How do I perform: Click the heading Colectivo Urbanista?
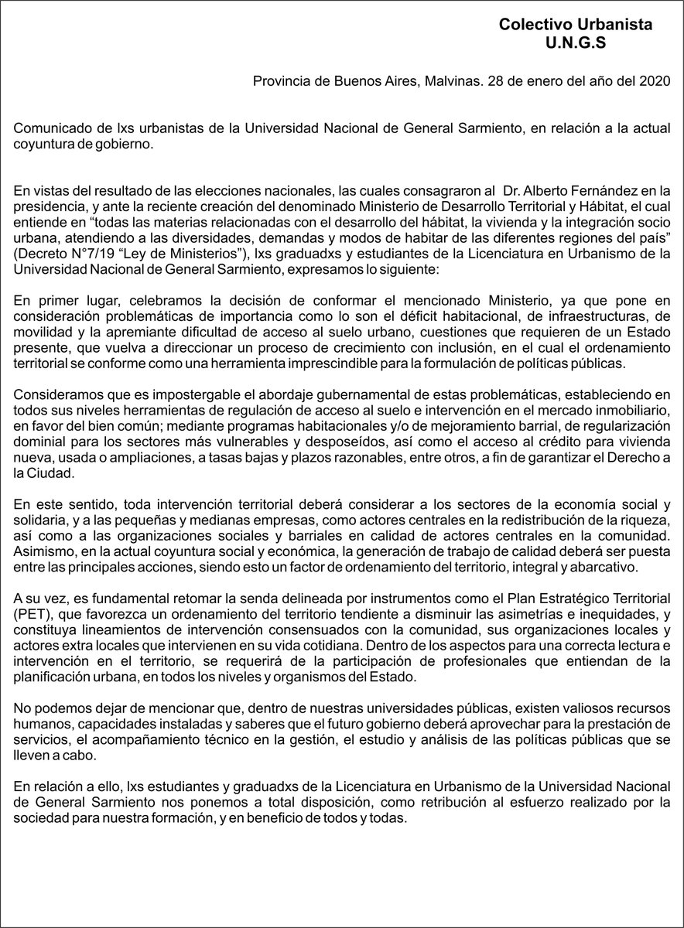pyautogui.click(x=575, y=25)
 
